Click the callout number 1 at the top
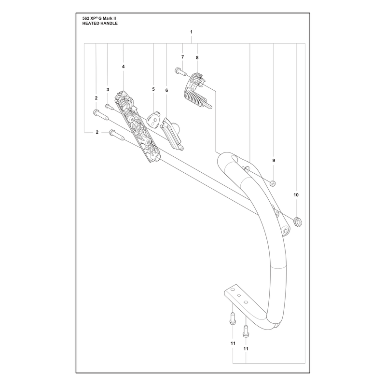[x=191, y=32]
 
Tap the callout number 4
[x=124, y=67]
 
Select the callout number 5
[x=153, y=89]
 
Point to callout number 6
[x=166, y=90]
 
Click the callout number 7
[x=182, y=57]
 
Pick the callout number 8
[x=197, y=57]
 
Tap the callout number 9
[x=274, y=161]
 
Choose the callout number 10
[x=296, y=195]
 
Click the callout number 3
[x=108, y=90]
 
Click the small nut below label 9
[x=273, y=183]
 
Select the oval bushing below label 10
[x=298, y=222]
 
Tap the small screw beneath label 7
[x=179, y=71]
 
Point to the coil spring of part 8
[x=195, y=97]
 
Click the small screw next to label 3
[x=109, y=107]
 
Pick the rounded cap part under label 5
[x=153, y=120]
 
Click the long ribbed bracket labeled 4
[x=137, y=126]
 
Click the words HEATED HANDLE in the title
[x=100, y=23]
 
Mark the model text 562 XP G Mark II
[x=99, y=18]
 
